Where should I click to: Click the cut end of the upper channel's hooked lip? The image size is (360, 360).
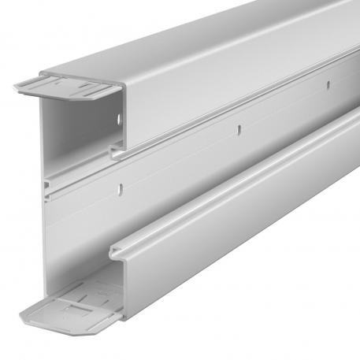coord(117,152)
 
